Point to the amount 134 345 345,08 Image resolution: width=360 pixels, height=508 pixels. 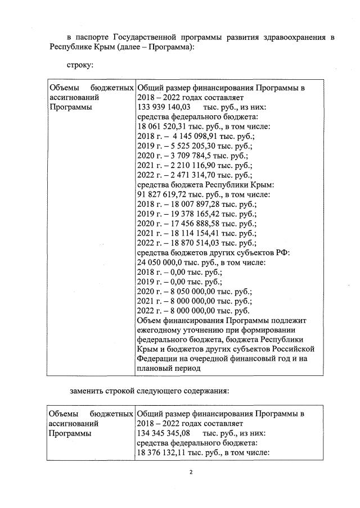[164, 433]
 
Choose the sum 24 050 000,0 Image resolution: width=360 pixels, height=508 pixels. [161, 262]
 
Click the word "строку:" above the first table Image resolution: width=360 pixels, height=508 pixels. [80, 66]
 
